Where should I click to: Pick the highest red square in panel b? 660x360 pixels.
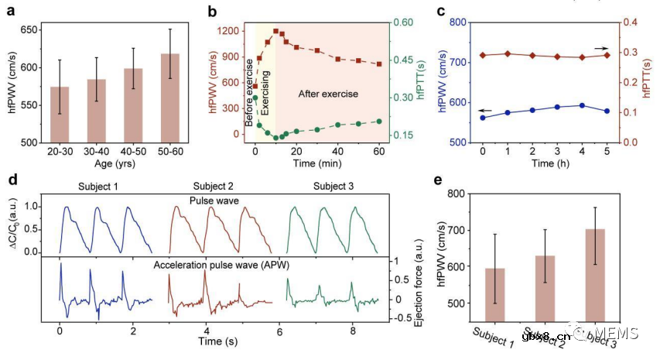pyautogui.click(x=276, y=31)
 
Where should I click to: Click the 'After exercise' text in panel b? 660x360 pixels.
pyautogui.click(x=328, y=94)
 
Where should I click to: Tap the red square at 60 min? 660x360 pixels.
pyautogui.click(x=379, y=64)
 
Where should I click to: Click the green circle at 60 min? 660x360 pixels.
pyautogui.click(x=379, y=121)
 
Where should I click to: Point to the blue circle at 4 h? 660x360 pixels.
pyautogui.click(x=582, y=105)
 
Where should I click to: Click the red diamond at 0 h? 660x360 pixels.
pyautogui.click(x=482, y=55)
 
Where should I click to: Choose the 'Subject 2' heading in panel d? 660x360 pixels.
pyautogui.click(x=196, y=186)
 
